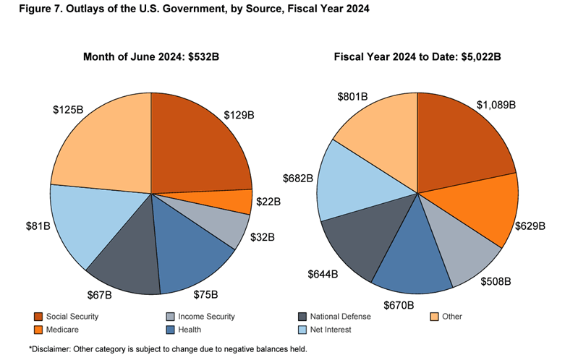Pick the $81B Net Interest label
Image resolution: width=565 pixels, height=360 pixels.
37,226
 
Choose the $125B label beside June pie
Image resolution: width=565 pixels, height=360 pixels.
67,110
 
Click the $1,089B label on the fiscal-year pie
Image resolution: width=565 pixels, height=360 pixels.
496,104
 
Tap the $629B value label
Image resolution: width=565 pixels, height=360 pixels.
530,225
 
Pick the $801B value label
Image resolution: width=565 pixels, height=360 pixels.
353,96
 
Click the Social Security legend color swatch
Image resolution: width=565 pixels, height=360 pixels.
38,317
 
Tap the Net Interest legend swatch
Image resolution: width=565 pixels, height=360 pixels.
302,330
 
